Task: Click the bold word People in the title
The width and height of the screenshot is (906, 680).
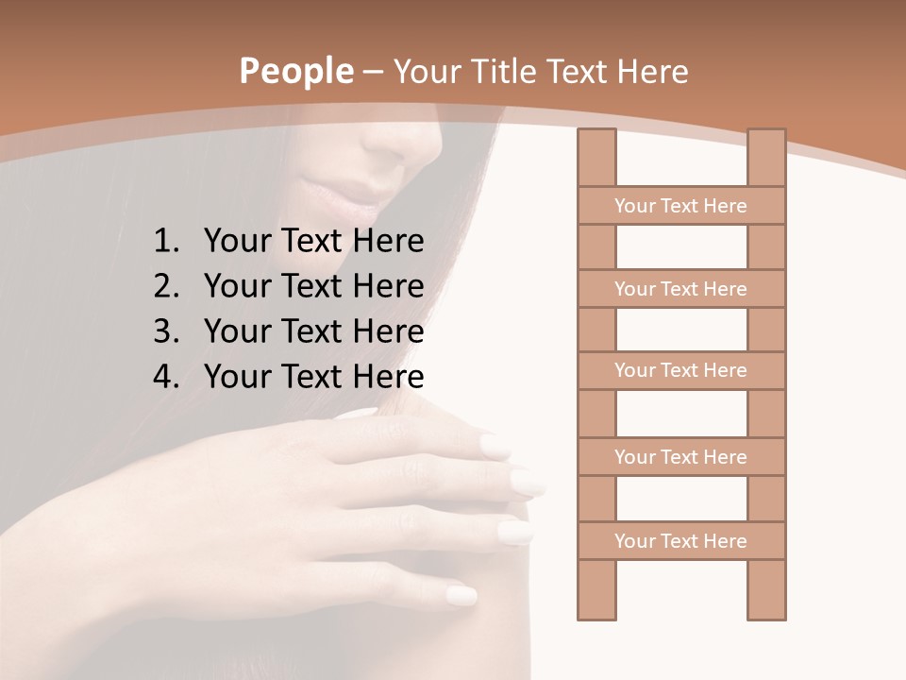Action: (x=295, y=71)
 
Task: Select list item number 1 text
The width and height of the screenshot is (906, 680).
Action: (x=313, y=242)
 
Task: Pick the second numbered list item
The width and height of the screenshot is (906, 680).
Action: (x=313, y=286)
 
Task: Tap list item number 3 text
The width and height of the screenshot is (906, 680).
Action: (x=313, y=331)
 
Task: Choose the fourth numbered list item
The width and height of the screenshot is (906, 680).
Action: (x=313, y=377)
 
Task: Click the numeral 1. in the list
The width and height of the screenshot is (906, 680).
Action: (x=166, y=242)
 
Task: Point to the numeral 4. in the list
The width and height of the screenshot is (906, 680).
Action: (x=166, y=377)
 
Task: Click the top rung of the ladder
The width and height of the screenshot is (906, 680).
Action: (x=680, y=206)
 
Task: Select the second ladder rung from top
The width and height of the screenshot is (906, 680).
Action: (x=680, y=289)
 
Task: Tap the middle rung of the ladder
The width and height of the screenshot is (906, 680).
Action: (x=680, y=370)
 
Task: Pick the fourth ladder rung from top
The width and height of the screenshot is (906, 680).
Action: (x=680, y=457)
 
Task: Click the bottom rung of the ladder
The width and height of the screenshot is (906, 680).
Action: (x=680, y=541)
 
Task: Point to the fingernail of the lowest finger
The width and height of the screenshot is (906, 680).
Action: (x=461, y=595)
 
